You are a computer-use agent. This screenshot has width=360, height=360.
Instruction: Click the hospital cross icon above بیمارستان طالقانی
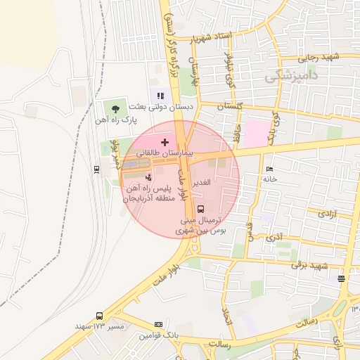click(x=165, y=142)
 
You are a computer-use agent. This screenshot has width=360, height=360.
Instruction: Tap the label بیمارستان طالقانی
click(x=164, y=153)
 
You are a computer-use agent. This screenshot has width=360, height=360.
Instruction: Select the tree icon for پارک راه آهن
click(x=114, y=108)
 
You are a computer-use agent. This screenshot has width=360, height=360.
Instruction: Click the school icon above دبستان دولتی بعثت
click(x=160, y=95)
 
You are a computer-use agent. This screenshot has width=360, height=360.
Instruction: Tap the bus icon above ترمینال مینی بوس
click(x=201, y=209)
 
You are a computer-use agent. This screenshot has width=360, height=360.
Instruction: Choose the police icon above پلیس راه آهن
click(x=148, y=176)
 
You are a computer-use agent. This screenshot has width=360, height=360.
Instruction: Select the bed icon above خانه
click(x=270, y=169)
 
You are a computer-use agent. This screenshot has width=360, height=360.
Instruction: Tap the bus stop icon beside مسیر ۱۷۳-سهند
click(x=99, y=316)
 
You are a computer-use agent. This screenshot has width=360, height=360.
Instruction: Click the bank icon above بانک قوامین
click(x=158, y=324)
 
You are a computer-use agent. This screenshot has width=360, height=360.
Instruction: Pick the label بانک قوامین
click(x=155, y=335)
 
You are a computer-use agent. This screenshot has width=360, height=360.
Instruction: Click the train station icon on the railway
click(x=96, y=169)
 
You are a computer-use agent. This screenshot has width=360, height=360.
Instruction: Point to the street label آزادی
click(x=328, y=212)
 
